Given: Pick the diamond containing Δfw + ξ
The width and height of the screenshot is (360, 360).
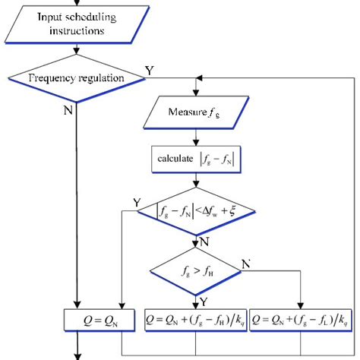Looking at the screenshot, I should coord(196,210).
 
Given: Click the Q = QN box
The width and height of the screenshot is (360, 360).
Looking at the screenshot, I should coord(99,319).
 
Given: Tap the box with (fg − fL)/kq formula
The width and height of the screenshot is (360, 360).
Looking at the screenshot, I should coord(300,319).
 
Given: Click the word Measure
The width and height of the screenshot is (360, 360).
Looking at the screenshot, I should coord(186,114).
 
